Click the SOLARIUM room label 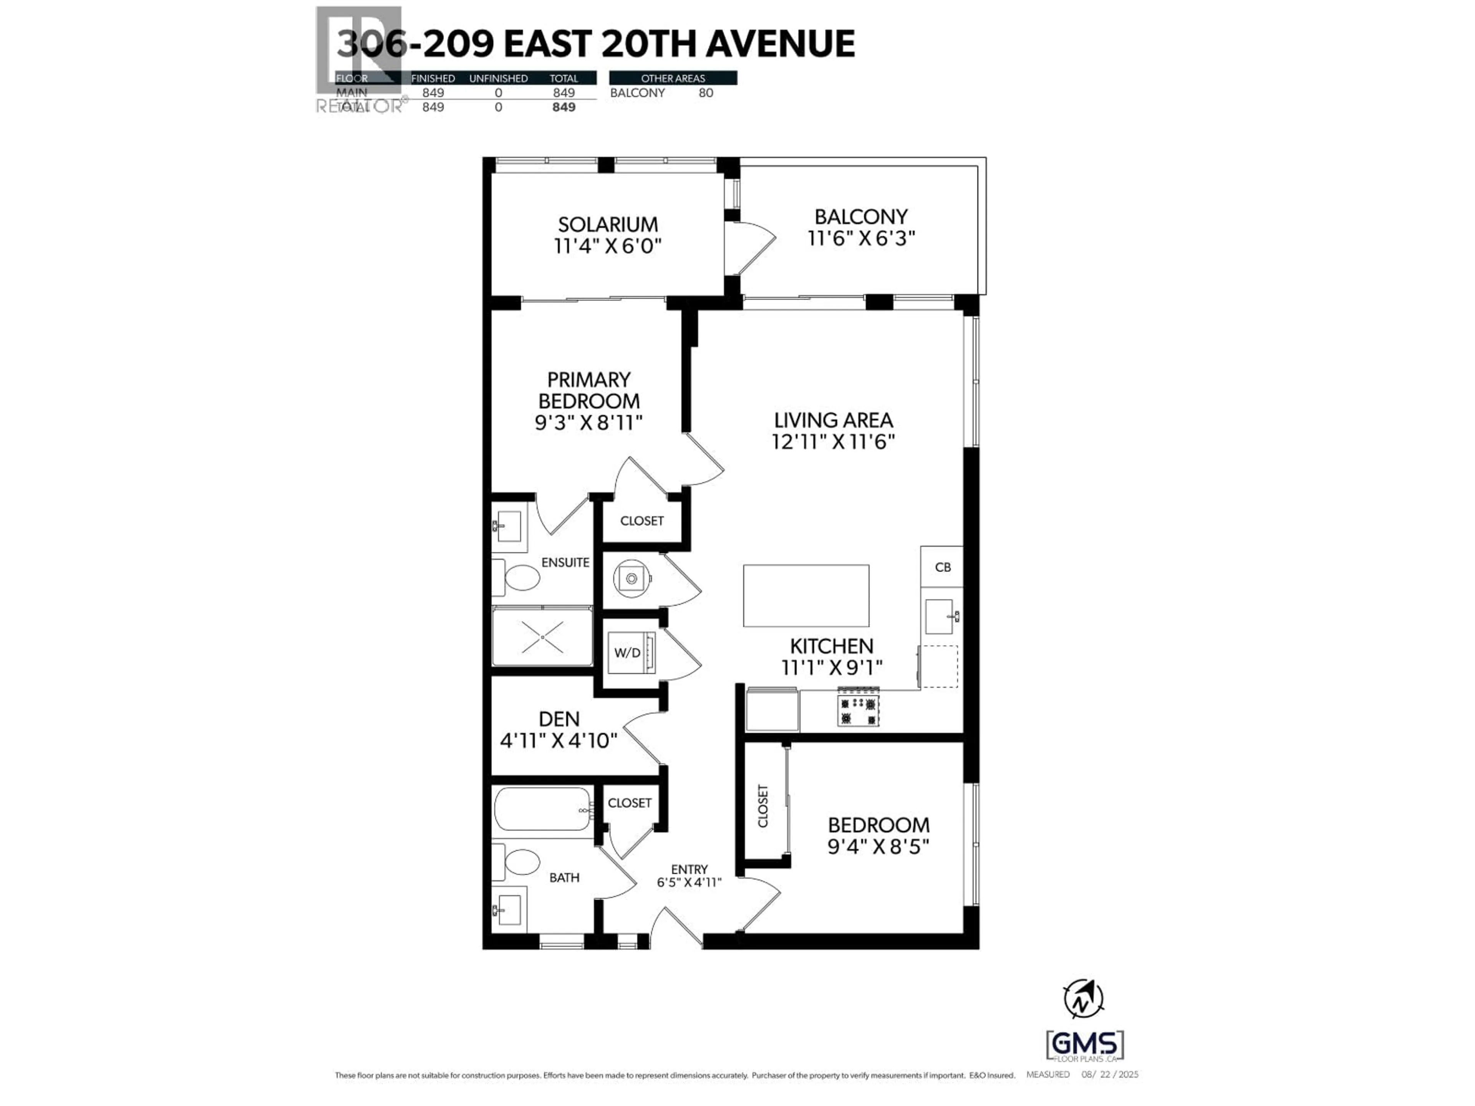point(607,225)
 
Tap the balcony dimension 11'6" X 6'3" point(861,238)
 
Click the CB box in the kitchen point(941,567)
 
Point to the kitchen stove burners point(858,711)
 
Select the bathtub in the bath point(543,809)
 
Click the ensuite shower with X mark point(542,637)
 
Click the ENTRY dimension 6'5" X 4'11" point(689,882)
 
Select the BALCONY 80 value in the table point(706,93)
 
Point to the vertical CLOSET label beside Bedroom point(763,806)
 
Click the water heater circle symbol point(631,578)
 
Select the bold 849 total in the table point(563,107)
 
